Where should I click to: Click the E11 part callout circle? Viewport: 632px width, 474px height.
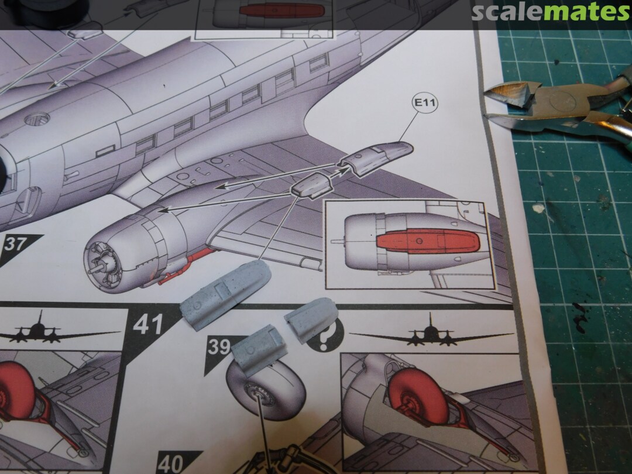click(x=425, y=103)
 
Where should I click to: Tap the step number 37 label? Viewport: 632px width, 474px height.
click(x=16, y=244)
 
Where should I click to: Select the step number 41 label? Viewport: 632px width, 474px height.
click(x=148, y=324)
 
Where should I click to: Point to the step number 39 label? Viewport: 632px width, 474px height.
click(x=219, y=346)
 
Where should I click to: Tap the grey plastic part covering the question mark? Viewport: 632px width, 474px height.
click(x=311, y=318)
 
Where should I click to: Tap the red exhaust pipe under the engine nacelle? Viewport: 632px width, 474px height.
click(x=186, y=264)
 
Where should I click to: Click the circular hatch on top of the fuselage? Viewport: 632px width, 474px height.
click(x=37, y=119)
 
